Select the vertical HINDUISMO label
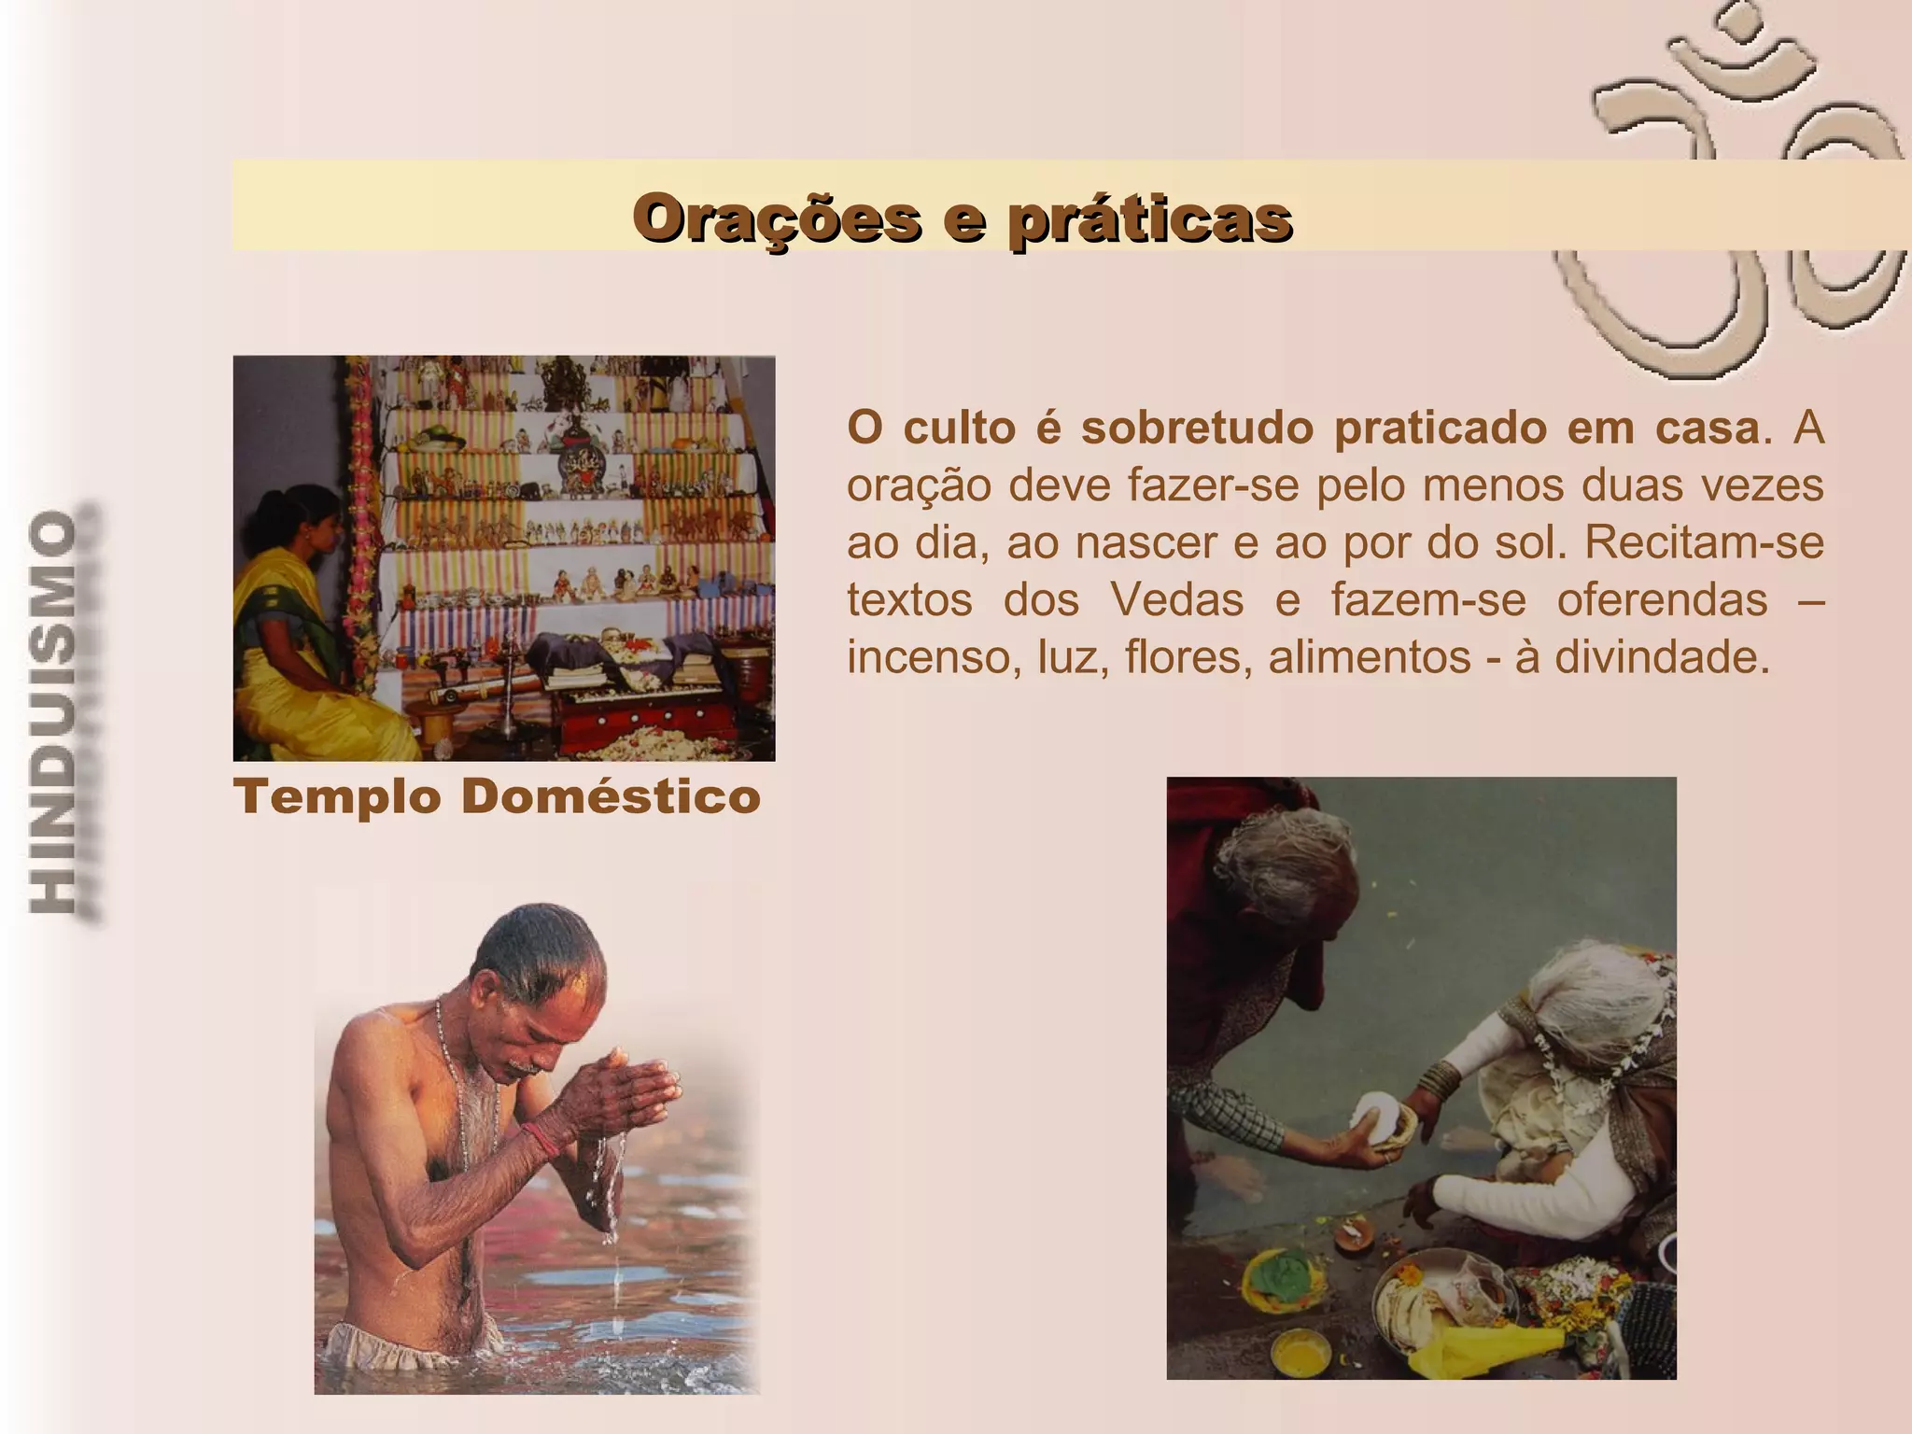coord(54,713)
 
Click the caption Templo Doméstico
coord(497,797)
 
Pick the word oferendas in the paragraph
coord(1662,599)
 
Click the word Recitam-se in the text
coord(1704,542)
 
